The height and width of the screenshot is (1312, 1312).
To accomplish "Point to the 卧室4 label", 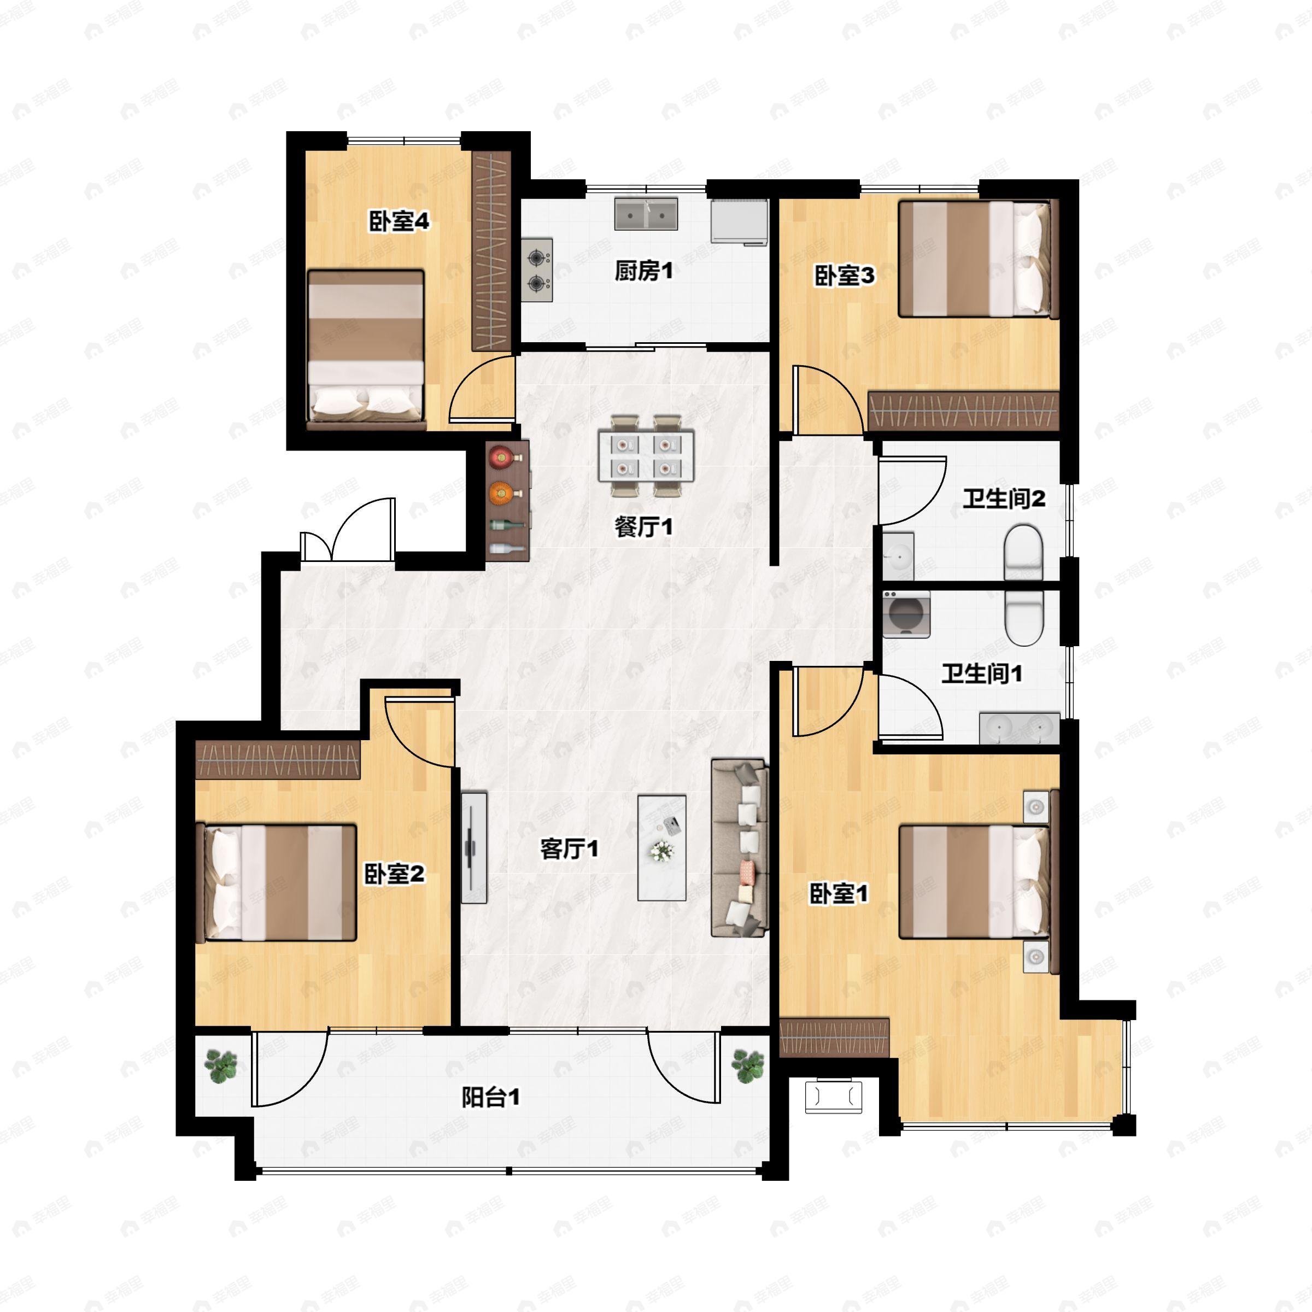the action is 399,221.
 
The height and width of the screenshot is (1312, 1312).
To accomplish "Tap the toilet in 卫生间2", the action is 1023,553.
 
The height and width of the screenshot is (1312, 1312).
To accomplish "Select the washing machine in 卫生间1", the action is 906,614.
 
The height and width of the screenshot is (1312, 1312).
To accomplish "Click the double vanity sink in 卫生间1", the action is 1018,728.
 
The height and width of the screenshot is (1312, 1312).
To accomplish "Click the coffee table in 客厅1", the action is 661,847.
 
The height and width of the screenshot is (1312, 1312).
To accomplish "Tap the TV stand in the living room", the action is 474,847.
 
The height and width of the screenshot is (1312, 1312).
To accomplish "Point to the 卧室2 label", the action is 394,874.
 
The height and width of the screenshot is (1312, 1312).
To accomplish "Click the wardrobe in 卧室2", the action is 278,759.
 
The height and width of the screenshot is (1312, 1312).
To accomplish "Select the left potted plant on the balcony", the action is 221,1065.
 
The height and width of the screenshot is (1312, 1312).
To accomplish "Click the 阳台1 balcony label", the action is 490,1097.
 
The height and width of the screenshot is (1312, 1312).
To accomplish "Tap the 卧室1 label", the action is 839,894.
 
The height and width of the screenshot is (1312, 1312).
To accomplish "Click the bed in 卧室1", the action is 979,881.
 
